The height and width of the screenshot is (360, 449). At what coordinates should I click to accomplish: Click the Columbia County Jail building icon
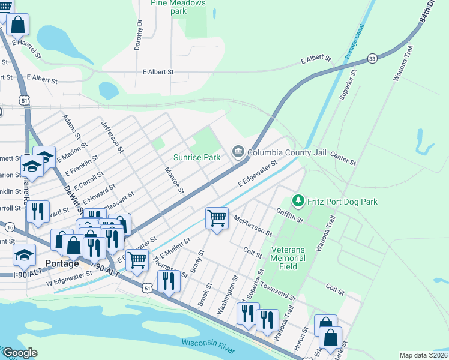238,152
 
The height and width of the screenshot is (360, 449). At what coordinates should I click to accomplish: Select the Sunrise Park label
197,157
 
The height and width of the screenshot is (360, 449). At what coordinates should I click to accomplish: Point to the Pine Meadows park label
178,7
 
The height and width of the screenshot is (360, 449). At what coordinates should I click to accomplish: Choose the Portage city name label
62,263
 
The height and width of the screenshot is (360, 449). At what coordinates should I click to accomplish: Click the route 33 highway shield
373,58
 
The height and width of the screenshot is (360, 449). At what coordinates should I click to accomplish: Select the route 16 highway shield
10,226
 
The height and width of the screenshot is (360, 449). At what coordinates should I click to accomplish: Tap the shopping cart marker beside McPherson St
217,218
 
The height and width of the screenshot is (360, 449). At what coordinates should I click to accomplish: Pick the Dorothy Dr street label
139,35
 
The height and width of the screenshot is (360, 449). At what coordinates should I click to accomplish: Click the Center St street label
343,158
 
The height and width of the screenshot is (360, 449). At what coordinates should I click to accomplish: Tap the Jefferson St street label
112,137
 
